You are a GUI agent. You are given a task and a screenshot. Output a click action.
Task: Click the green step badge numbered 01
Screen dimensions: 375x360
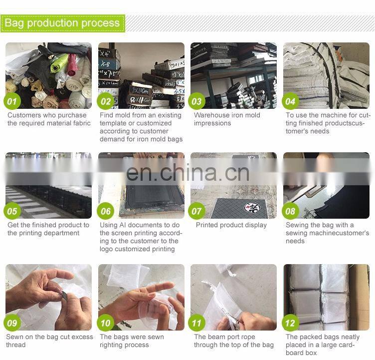[12, 101]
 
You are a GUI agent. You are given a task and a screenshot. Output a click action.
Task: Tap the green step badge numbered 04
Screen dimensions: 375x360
[290, 101]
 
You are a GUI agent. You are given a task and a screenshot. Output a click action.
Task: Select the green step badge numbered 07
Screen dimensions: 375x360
[196, 211]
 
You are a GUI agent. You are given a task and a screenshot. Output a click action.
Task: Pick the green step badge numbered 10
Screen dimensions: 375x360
[106, 323]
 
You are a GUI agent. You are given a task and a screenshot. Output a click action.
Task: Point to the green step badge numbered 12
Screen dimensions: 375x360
[290, 323]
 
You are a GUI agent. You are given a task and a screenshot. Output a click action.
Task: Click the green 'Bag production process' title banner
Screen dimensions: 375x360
[63, 23]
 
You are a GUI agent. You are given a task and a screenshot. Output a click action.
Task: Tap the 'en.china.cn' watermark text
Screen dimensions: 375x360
[187, 172]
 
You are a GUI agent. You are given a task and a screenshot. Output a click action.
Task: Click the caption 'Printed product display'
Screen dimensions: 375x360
[231, 225]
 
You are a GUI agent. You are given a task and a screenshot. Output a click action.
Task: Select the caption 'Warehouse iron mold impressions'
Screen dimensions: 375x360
[227, 119]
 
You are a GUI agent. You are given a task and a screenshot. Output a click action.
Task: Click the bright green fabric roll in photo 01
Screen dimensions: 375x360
[58, 63]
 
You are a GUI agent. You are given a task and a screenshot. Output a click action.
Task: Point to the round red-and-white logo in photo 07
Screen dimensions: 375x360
[252, 208]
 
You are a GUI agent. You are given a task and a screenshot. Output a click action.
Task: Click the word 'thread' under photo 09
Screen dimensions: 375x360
[16, 345]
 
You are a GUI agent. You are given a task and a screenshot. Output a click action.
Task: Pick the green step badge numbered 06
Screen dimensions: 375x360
[106, 211]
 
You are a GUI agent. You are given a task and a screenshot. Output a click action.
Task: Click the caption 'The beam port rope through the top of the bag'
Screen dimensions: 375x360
[234, 341]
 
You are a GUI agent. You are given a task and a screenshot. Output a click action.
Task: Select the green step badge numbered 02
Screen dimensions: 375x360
[106, 101]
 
